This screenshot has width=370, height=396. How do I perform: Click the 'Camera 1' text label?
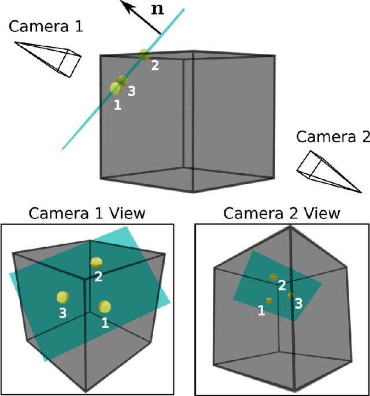point(47,26)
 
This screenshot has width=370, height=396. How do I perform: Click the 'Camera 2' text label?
point(332,137)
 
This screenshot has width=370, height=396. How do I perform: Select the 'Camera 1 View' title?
point(87,214)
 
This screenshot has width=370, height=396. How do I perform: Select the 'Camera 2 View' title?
point(282,214)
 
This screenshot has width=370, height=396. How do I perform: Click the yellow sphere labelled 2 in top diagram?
point(144,55)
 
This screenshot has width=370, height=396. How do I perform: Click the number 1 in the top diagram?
point(117,105)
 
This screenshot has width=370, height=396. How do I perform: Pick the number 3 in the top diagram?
point(132,91)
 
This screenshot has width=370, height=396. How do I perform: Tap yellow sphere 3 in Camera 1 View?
point(62,298)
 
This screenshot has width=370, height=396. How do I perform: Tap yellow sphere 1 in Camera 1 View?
point(104,307)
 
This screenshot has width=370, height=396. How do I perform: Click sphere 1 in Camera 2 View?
point(269,300)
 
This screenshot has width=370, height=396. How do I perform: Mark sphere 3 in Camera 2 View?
point(291,296)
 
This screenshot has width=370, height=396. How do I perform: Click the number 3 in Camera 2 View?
point(298,303)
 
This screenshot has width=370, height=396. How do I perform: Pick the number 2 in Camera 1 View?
point(98,277)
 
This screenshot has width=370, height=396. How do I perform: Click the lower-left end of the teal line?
point(63,148)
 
